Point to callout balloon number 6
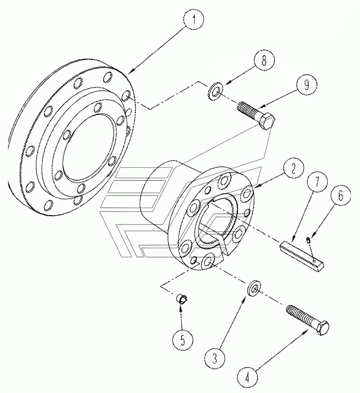pos(340,196)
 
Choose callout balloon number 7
pos(317,182)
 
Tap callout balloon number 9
pos(306,85)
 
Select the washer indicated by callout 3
pos(253,289)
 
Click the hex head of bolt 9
pos(267,122)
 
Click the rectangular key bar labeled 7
pos(302,256)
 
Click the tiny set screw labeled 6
pos(308,240)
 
